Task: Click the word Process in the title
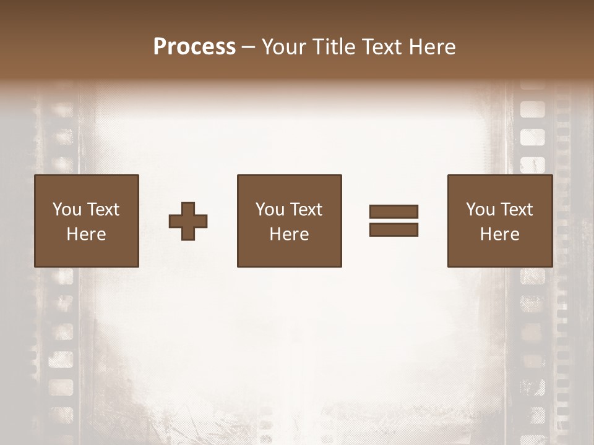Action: pyautogui.click(x=194, y=47)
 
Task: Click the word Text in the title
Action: pyautogui.click(x=380, y=47)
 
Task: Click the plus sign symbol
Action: pyautogui.click(x=188, y=221)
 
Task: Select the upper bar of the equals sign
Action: pyautogui.click(x=394, y=212)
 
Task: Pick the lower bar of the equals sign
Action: pyautogui.click(x=394, y=230)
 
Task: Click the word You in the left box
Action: pyautogui.click(x=67, y=210)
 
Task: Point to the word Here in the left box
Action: pyautogui.click(x=86, y=234)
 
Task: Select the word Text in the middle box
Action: pyautogui.click(x=306, y=210)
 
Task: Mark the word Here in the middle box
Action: pyautogui.click(x=289, y=234)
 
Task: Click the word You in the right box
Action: pyautogui.click(x=480, y=210)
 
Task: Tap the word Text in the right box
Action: pyautogui.click(x=517, y=210)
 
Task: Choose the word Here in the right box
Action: pyautogui.click(x=499, y=234)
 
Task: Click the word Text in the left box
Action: pyautogui.click(x=103, y=210)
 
